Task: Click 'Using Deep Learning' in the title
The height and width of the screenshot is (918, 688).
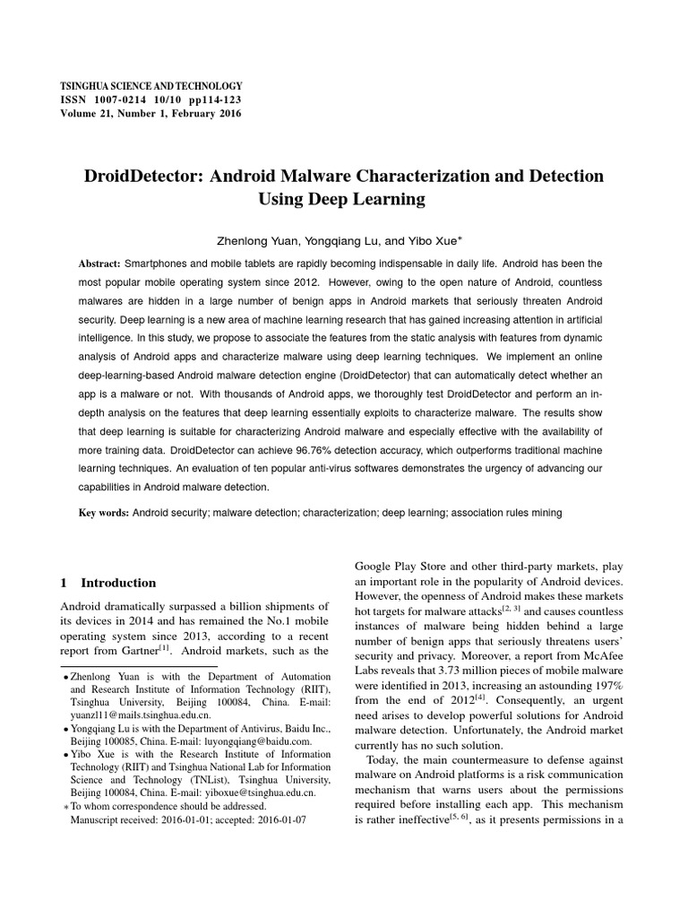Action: [341, 198]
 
